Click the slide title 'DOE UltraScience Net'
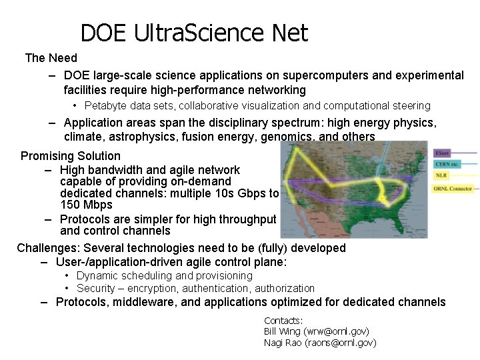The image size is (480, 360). tap(194, 33)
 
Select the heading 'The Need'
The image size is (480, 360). tap(51, 59)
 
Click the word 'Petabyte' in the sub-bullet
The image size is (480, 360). tap(106, 105)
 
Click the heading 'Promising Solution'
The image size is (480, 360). tap(71, 156)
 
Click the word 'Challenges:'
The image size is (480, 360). tap(45, 248)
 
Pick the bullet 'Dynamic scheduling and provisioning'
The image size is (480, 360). tap(164, 275)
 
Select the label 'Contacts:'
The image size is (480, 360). tap(283, 320)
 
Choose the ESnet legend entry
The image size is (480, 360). tap(441, 153)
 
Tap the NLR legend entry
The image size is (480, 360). tap(441, 176)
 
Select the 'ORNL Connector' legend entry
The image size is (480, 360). tap(453, 189)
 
